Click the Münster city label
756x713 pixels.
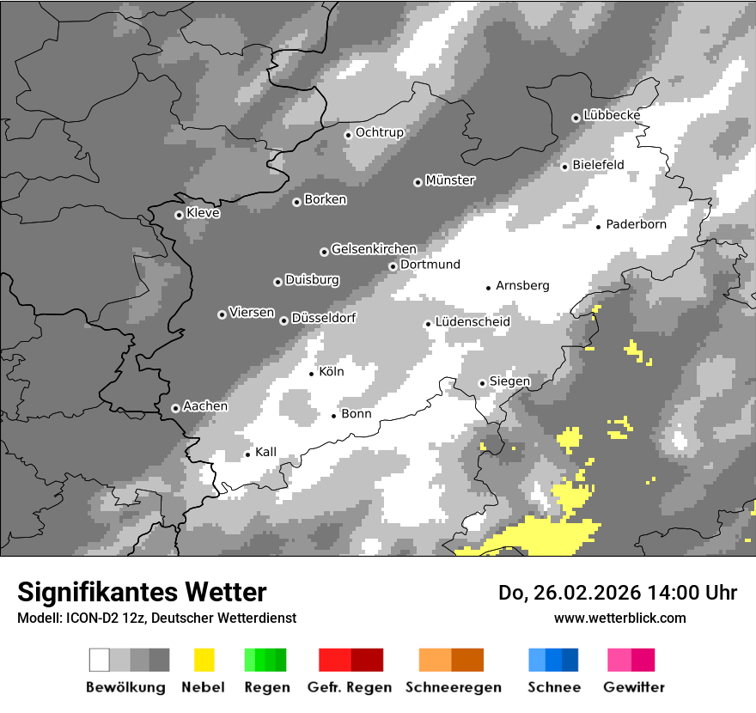tap(450, 180)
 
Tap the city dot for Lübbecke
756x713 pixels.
tap(576, 118)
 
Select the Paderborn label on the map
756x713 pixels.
tap(636, 225)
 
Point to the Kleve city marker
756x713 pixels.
tap(179, 215)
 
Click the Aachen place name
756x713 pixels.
tap(205, 406)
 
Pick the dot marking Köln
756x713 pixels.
tap(312, 374)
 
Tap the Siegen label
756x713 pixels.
tap(509, 381)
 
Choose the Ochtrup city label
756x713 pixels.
tap(379, 132)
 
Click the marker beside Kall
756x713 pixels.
tap(247, 454)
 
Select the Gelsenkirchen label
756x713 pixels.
tap(374, 249)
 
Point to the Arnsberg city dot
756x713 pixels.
tap(488, 288)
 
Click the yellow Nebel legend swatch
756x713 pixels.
tap(204, 660)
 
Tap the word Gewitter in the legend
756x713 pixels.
tap(634, 687)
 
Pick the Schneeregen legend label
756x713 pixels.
tap(454, 687)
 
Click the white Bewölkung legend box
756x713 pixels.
tap(100, 660)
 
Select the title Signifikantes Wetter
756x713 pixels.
tap(142, 592)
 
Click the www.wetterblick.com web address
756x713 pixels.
tap(619, 618)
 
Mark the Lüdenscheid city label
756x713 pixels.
tap(472, 321)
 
